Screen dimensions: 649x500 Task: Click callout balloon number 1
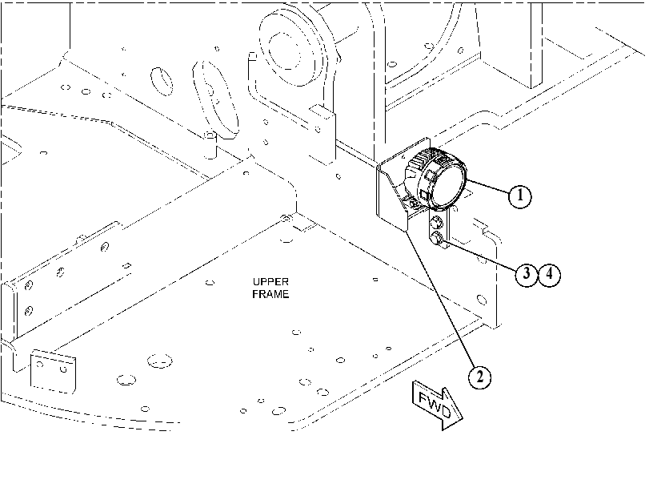click(x=519, y=196)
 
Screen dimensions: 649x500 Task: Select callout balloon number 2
click(x=479, y=377)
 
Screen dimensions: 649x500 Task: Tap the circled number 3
click(x=527, y=273)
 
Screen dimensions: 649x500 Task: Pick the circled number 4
click(x=549, y=273)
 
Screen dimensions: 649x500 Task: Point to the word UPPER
click(x=270, y=282)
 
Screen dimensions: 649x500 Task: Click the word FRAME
click(x=270, y=294)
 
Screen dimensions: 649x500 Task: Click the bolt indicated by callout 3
click(x=437, y=239)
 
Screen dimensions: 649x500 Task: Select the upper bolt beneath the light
click(x=437, y=223)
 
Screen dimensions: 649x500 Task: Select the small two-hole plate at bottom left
click(x=54, y=371)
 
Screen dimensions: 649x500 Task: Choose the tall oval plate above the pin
click(x=216, y=99)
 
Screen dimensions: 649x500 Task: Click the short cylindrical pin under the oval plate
click(x=210, y=144)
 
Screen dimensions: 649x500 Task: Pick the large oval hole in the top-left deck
click(x=162, y=81)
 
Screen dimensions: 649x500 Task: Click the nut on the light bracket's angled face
click(x=412, y=204)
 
